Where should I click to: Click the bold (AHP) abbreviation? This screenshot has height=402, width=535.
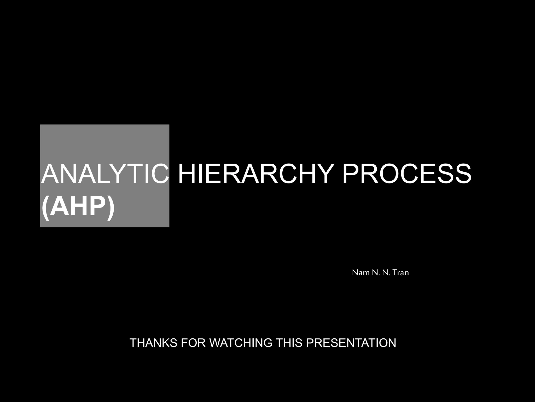pos(78,207)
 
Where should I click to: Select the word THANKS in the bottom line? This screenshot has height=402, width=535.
pos(153,343)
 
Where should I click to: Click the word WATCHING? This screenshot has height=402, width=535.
pos(241,343)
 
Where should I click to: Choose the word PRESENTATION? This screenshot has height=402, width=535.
pos(351,343)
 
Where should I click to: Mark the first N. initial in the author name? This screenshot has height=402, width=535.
pos(375,273)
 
